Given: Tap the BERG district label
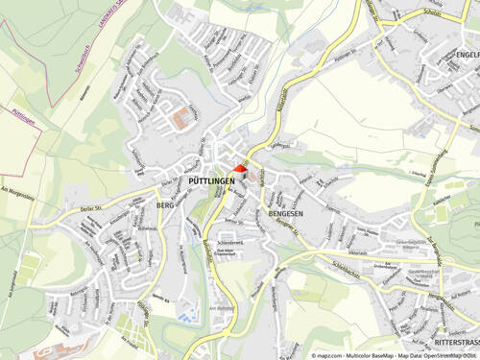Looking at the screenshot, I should [x=166, y=204].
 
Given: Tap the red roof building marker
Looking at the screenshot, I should [x=240, y=169].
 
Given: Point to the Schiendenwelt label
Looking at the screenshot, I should [x=231, y=244].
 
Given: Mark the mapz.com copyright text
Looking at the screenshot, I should [x=342, y=354].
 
